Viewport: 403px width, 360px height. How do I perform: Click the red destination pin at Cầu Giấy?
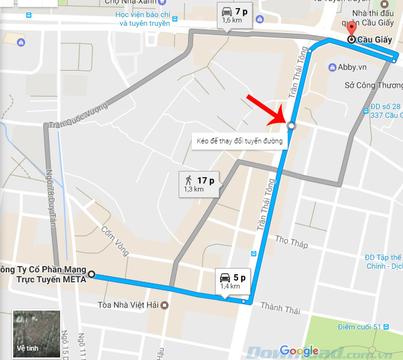click(351, 30)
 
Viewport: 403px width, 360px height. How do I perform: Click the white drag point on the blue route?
click(291, 126)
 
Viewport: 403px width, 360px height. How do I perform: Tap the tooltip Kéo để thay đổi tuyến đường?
click(239, 141)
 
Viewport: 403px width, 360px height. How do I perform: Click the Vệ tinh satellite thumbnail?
click(36, 333)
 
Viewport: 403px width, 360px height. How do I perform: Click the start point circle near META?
click(92, 274)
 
